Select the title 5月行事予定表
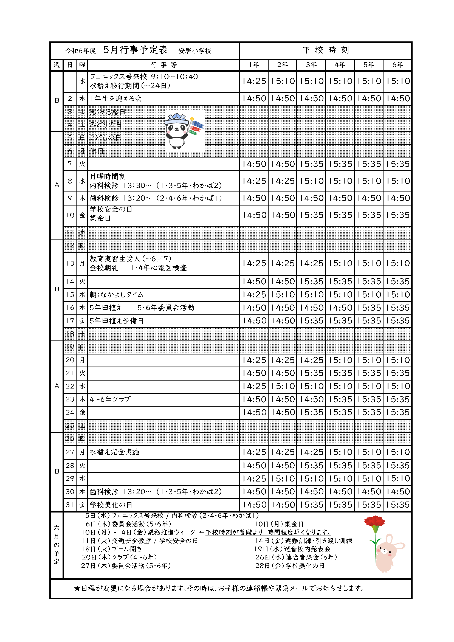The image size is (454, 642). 135,50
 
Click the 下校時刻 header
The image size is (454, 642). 325,50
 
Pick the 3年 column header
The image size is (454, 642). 311,65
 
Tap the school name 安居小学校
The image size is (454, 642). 195,50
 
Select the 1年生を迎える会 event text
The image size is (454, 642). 116,98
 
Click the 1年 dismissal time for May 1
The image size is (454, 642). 254,81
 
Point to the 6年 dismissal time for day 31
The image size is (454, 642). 397,505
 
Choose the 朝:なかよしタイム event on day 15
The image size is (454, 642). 117,295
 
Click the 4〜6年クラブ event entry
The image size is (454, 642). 110,399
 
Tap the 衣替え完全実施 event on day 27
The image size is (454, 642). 115,452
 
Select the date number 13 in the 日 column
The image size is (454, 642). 70,264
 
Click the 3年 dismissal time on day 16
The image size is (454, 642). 311,308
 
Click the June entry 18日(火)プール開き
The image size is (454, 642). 112,549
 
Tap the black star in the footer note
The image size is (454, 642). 77,588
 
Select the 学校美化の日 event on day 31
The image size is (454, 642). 111,505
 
